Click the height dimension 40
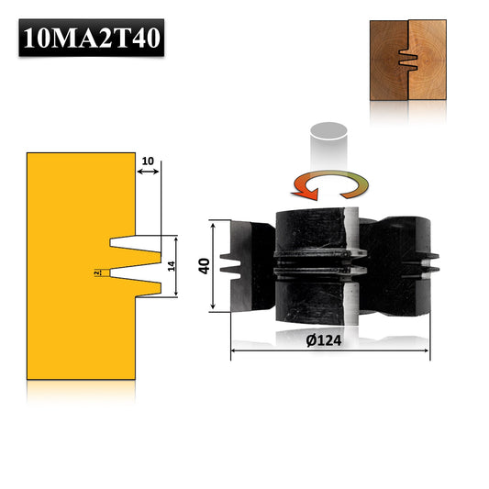204,265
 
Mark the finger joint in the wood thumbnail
407,61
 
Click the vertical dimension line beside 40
214,265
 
